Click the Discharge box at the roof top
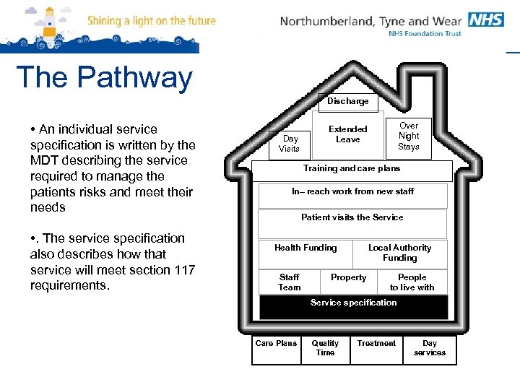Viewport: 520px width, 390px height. click(x=347, y=102)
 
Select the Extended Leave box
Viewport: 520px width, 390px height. click(x=348, y=134)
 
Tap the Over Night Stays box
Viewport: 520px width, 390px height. click(x=409, y=136)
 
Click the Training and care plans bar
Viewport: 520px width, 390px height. click(x=352, y=170)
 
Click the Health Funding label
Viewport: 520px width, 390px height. click(x=305, y=248)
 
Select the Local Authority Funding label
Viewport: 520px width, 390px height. click(x=400, y=253)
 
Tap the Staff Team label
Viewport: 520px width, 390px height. click(x=289, y=282)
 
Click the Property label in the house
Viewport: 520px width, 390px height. click(x=349, y=277)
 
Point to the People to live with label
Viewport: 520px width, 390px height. click(x=412, y=282)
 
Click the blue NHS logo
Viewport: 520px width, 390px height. click(x=485, y=19)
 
